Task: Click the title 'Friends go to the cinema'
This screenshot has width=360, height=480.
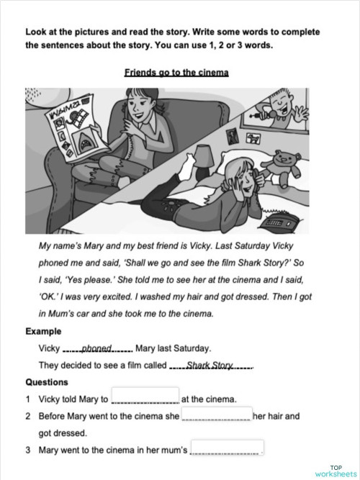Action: (x=176, y=73)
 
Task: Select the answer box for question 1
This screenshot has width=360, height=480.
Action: (x=145, y=397)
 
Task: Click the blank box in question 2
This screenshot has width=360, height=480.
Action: (x=216, y=415)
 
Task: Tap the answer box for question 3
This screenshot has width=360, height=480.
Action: (x=227, y=449)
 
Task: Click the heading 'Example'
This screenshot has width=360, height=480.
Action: (x=43, y=331)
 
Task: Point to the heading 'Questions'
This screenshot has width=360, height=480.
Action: (x=47, y=382)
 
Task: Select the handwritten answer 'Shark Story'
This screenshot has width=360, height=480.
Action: (x=210, y=365)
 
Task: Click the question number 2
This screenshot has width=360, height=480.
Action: (x=28, y=416)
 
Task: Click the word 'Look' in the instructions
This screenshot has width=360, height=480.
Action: (x=36, y=32)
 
